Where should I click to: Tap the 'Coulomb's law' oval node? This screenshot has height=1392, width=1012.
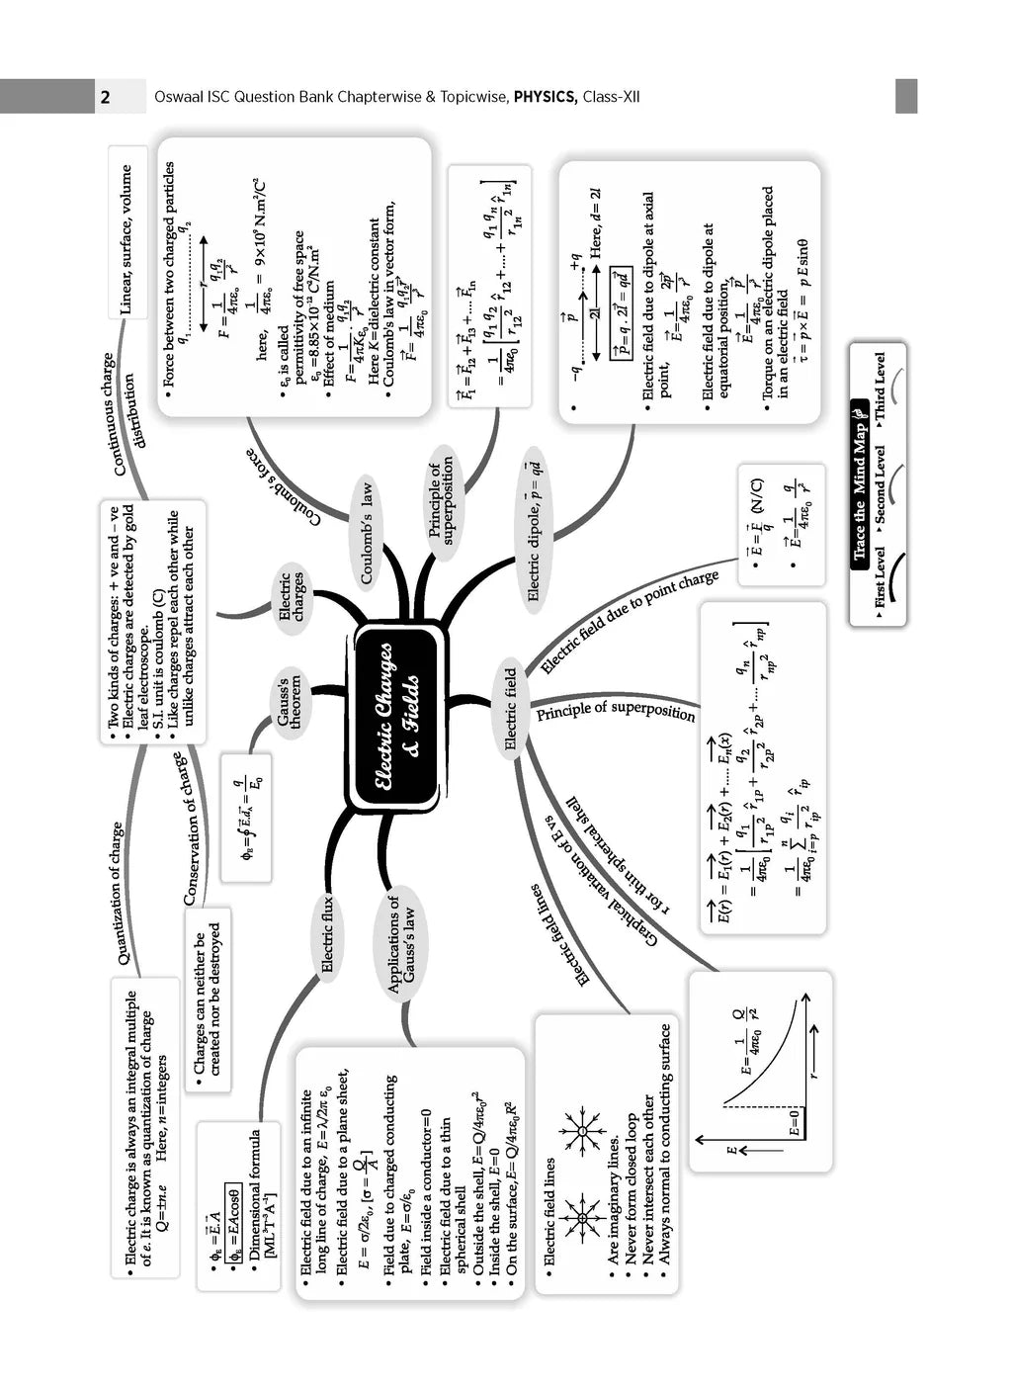tap(367, 532)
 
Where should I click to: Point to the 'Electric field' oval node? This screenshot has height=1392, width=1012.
tap(511, 708)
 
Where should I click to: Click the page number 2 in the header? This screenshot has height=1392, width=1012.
tap(106, 97)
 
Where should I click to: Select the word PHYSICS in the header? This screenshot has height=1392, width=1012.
tap(545, 97)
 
